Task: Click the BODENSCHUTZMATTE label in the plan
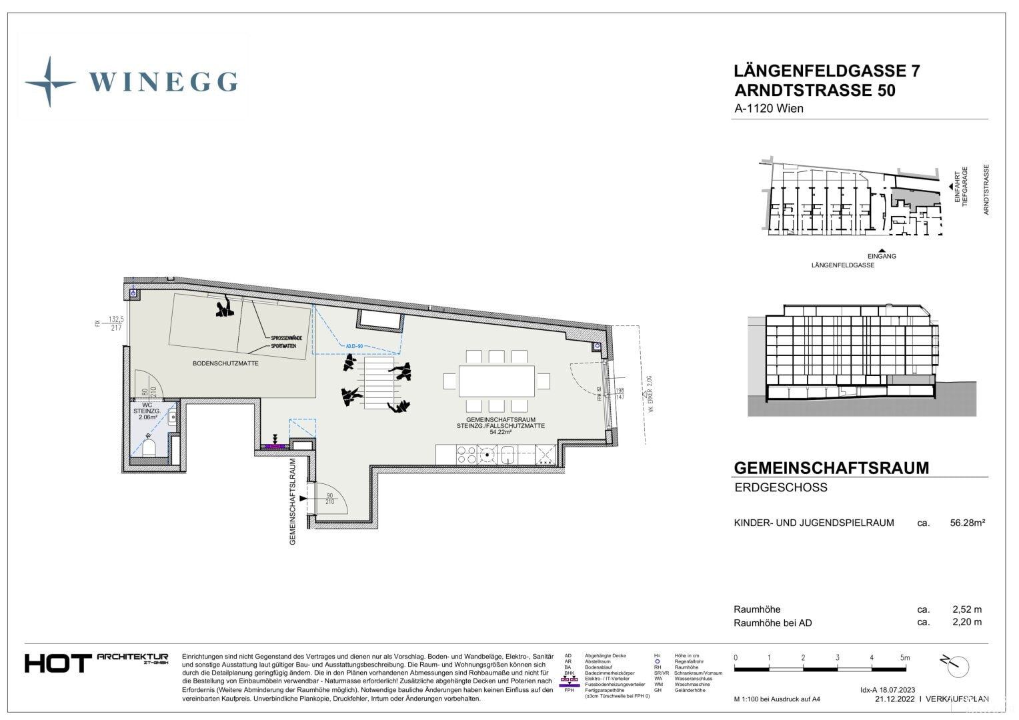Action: (225, 363)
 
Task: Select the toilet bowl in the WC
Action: (149, 447)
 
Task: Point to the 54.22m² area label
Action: (500, 432)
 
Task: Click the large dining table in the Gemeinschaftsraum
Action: (497, 381)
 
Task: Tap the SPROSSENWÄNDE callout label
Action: (286, 338)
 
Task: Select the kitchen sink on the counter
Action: (508, 455)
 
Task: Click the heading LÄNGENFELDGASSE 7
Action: (826, 71)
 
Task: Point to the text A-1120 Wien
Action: (768, 109)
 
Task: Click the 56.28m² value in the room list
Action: (967, 523)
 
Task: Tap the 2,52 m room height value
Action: (966, 609)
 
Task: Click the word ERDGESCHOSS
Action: (780, 487)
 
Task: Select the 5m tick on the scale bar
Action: (904, 658)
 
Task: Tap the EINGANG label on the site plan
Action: (882, 256)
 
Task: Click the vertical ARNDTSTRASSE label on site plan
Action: (986, 189)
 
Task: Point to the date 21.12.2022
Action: (894, 699)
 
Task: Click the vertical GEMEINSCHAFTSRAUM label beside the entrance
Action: (292, 501)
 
